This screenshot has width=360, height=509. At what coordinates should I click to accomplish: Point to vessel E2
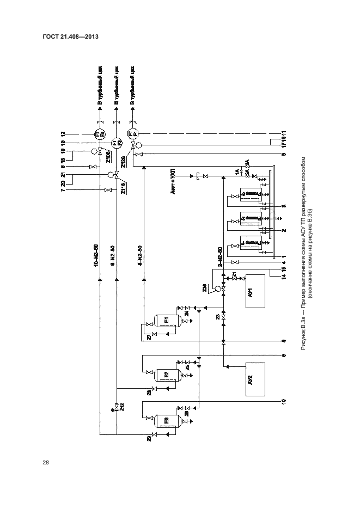point(167,373)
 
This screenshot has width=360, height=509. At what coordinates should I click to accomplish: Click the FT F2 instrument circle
point(100,134)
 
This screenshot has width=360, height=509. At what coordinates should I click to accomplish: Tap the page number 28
point(46,463)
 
